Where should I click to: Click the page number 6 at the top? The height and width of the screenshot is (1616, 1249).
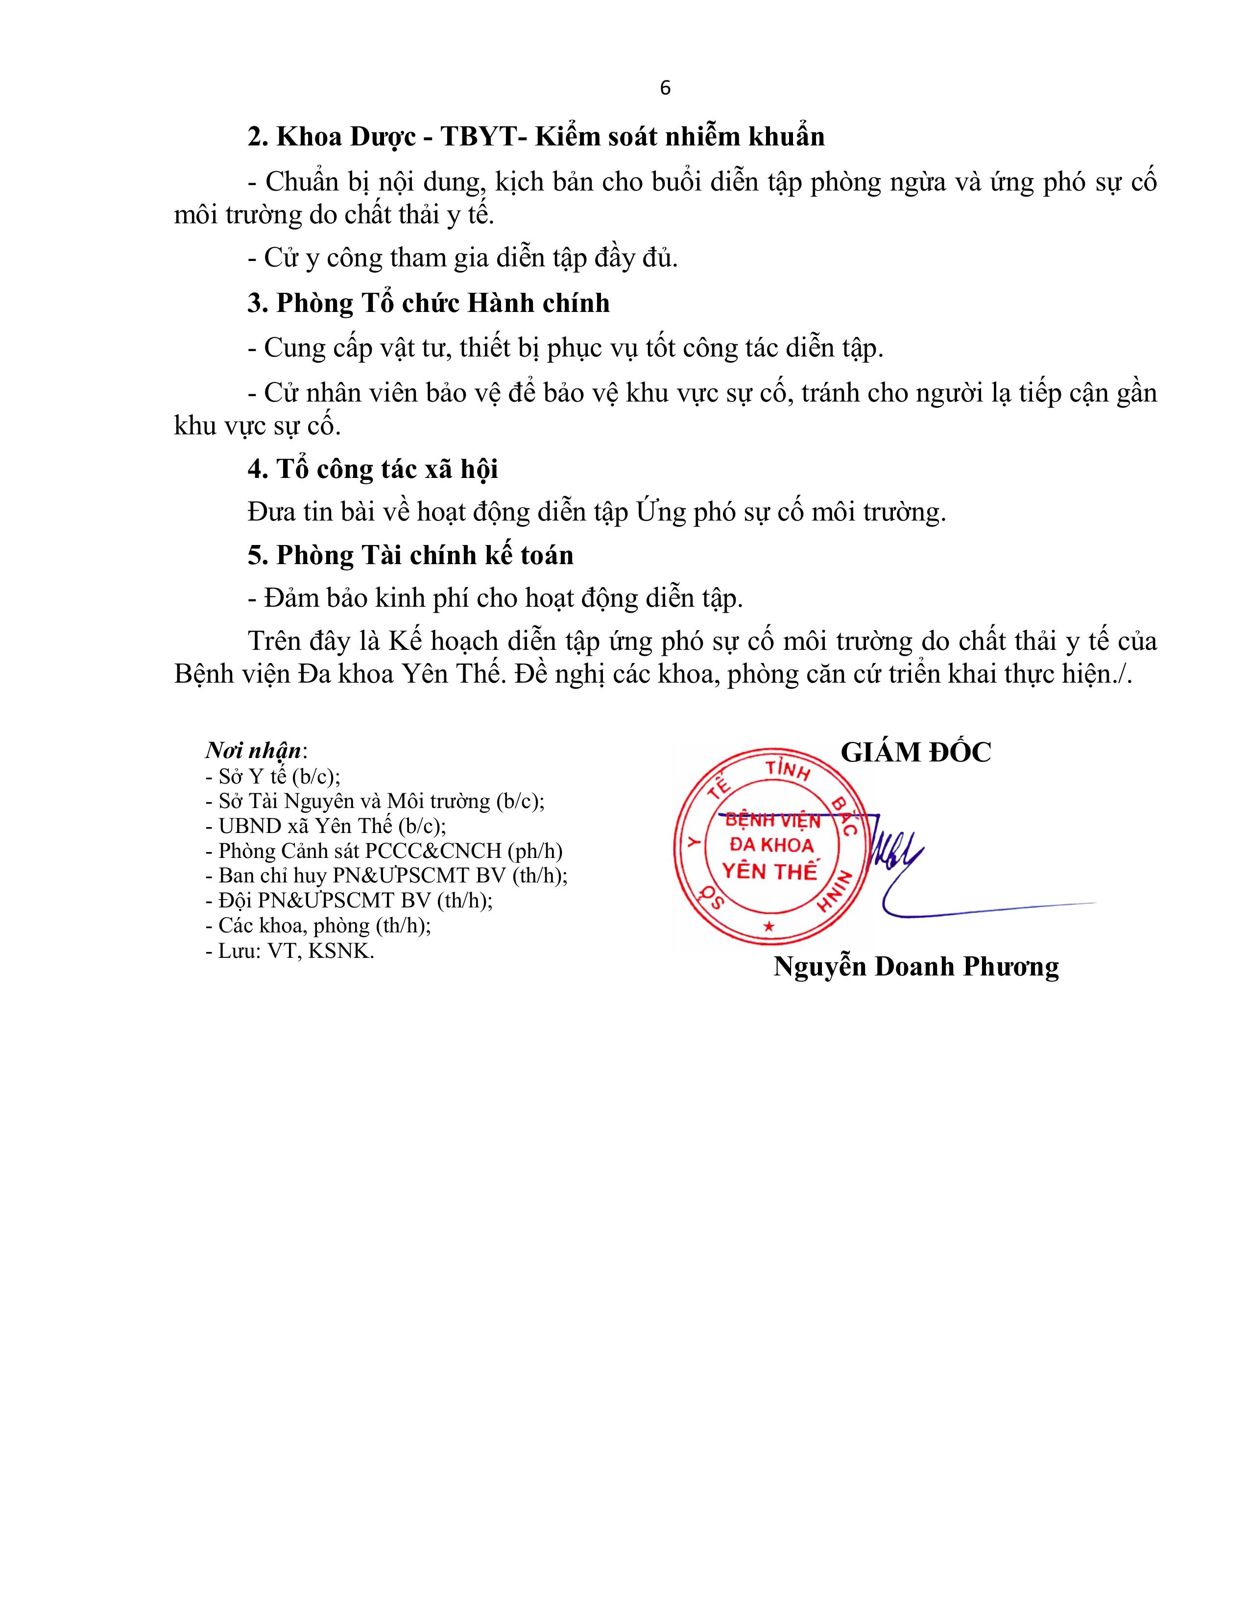[665, 88]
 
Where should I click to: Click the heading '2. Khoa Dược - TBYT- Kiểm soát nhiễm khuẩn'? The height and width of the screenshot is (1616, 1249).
[536, 137]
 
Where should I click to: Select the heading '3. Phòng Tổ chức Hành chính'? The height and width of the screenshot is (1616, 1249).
[429, 304]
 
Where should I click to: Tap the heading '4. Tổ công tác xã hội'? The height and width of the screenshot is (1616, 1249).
[372, 469]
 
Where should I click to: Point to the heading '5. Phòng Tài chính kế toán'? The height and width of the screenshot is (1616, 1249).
[410, 555]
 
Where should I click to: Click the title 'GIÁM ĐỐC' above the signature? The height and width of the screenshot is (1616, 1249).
[915, 753]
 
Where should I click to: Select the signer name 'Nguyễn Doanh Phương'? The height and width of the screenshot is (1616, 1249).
[916, 966]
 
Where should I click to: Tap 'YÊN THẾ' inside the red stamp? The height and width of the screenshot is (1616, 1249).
[769, 872]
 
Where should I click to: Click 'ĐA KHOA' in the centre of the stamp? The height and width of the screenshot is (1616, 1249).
[771, 845]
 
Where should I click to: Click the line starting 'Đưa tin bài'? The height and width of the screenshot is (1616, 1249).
[597, 512]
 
